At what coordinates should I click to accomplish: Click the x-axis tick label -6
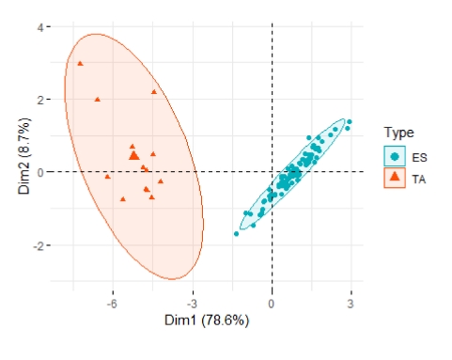112,304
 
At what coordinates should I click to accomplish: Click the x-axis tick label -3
192,304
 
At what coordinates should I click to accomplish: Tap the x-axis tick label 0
272,304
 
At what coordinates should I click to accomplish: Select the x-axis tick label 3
351,304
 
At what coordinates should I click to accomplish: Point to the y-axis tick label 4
40,27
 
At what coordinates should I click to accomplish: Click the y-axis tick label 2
40,100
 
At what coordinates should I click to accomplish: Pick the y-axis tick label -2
39,246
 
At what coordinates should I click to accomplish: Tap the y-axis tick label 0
40,172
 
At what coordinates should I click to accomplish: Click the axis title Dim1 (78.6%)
207,321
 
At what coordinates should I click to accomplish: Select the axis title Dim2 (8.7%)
24,156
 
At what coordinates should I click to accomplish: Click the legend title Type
398,133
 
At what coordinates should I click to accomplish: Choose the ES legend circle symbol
395,156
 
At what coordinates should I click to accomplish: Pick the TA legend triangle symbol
395,177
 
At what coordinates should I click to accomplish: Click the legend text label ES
419,157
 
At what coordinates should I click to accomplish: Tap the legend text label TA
419,180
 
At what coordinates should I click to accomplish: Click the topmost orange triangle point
80,64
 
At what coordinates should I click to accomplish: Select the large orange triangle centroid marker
134,155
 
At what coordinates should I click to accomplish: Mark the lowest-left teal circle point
237,234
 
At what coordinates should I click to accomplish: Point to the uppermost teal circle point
350,121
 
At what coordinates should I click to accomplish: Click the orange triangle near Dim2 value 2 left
98,100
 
